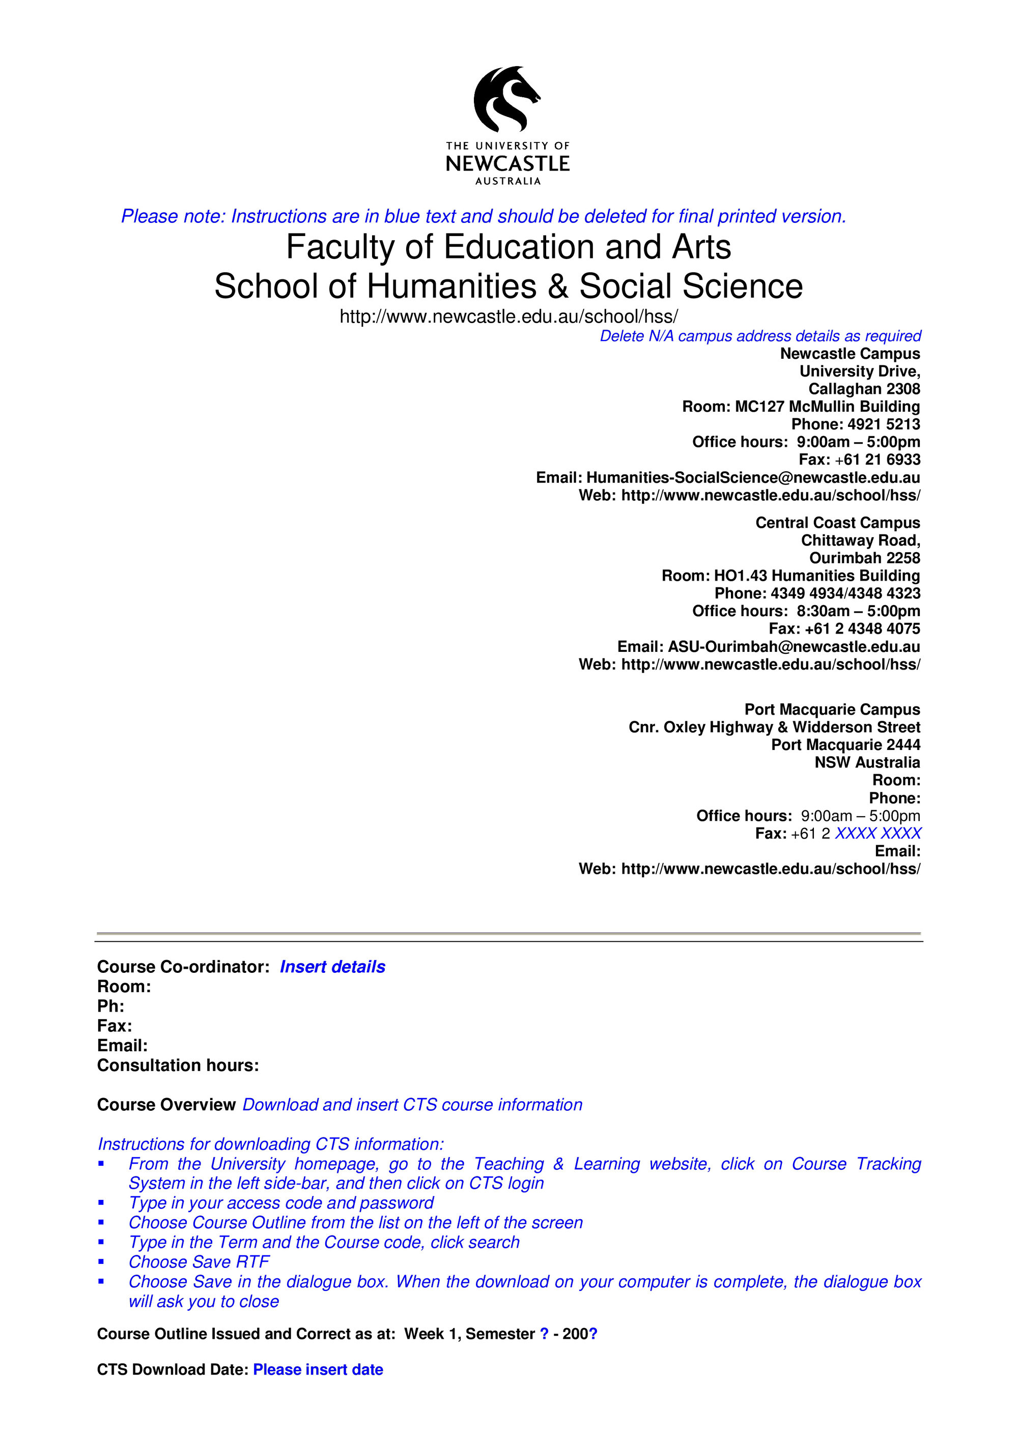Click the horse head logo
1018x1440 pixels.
point(506,99)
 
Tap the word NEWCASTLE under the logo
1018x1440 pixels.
point(507,164)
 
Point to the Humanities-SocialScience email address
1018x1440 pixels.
point(753,477)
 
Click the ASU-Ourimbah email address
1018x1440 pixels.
point(794,646)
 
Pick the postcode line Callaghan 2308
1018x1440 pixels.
point(864,389)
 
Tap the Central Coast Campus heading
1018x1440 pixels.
point(837,523)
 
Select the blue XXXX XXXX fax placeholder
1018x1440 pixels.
point(878,833)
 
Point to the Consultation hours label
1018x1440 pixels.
point(178,1065)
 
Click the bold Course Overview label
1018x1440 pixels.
point(166,1105)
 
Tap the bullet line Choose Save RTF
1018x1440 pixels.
point(199,1261)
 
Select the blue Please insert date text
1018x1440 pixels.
point(318,1369)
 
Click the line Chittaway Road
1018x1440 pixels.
point(860,540)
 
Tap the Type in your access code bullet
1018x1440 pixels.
point(280,1202)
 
